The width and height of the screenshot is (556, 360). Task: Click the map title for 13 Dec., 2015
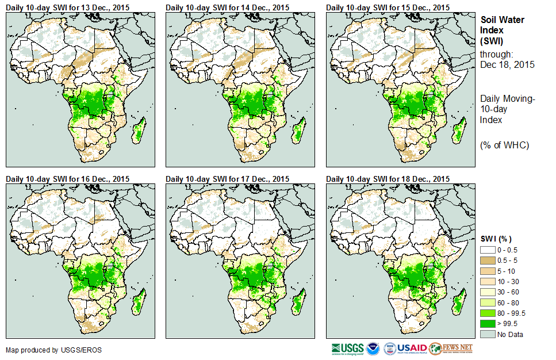[67, 7]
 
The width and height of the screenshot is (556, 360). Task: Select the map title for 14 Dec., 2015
[227, 7]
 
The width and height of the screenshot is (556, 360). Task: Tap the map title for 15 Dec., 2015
[388, 7]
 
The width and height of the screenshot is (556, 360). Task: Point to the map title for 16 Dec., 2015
[67, 179]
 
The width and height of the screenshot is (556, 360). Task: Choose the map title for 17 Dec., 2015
[227, 179]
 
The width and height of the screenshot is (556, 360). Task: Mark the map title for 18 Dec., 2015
[388, 179]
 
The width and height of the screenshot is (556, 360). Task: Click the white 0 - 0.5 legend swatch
[488, 250]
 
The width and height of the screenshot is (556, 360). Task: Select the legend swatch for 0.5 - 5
[488, 261]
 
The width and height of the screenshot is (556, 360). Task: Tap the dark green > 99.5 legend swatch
[488, 324]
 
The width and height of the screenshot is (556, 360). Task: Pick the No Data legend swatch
[488, 334]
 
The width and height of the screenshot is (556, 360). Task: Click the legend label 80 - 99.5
[512, 313]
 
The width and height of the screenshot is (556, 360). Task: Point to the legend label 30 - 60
[508, 292]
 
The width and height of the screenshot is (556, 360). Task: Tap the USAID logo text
[413, 348]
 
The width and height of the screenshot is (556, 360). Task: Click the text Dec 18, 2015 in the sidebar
[507, 65]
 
